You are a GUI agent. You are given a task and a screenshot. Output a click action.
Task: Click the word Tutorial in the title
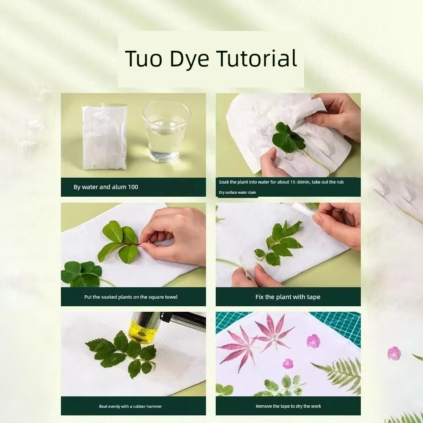click(x=257, y=58)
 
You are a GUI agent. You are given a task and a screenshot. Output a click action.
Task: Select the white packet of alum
click(x=104, y=137)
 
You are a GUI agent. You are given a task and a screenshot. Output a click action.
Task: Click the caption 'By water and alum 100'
click(x=106, y=187)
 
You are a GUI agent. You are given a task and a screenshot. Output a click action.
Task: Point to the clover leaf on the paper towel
click(x=288, y=137)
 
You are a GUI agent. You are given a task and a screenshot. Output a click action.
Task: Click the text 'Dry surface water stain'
click(x=237, y=192)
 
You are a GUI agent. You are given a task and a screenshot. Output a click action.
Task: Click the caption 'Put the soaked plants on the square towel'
click(x=131, y=297)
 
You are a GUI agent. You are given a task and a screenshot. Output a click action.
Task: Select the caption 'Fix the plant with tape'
click(x=288, y=297)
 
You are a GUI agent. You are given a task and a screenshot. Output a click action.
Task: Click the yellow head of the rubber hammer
click(x=142, y=329)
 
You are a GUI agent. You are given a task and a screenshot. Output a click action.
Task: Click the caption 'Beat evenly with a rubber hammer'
click(x=130, y=406)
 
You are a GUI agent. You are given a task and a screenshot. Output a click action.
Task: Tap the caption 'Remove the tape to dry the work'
click(x=288, y=406)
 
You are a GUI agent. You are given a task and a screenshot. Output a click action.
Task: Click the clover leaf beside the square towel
click(x=82, y=274)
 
